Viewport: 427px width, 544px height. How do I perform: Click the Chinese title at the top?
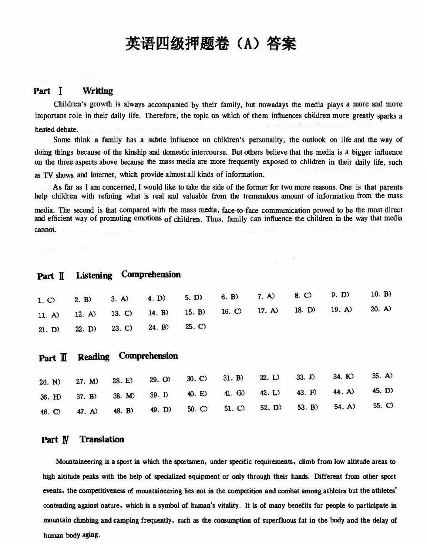tap(210, 44)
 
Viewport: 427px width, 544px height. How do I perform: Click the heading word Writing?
tap(98, 91)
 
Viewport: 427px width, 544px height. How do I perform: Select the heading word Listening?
tap(94, 275)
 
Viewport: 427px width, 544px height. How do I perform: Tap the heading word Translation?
tap(102, 439)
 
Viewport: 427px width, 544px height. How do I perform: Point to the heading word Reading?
tap(93, 357)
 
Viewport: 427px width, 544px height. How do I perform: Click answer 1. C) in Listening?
tap(46, 300)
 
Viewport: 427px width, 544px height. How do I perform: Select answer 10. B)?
tap(381, 294)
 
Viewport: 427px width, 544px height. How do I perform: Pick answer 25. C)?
tap(195, 327)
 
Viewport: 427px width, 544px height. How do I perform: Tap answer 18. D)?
tap(304, 310)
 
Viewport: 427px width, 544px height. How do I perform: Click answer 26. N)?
tap(50, 382)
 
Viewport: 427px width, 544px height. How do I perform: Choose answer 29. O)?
tap(160, 379)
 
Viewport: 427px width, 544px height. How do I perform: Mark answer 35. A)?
tap(382, 376)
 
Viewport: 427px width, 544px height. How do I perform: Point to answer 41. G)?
tap(234, 393)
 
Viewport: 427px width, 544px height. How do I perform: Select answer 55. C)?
tap(383, 406)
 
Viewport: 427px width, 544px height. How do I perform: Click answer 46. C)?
tap(50, 412)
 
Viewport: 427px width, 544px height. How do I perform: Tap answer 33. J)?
tap(306, 377)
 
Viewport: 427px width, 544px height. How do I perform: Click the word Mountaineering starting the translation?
tap(79, 461)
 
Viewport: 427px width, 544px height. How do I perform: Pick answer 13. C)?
tap(121, 313)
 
